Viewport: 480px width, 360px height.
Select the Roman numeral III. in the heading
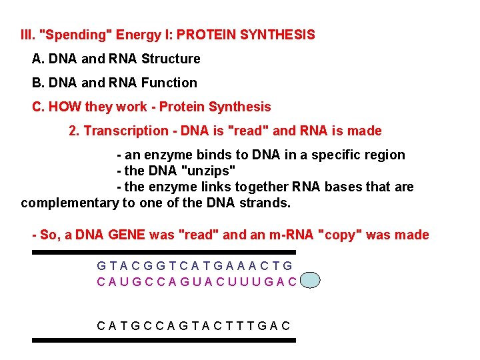coord(28,34)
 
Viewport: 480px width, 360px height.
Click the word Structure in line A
coord(171,59)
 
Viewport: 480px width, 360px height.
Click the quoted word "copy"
coord(343,235)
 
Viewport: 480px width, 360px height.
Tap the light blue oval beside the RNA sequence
coord(310,281)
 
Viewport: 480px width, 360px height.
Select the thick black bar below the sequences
coord(163,340)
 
